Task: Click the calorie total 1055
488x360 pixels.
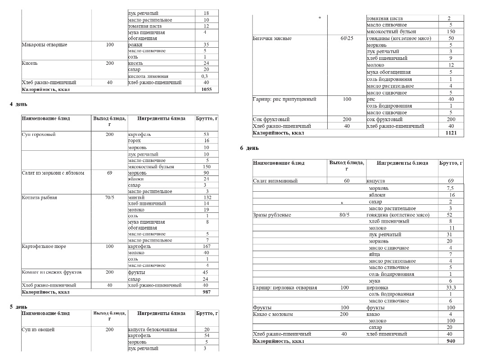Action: click(x=206, y=90)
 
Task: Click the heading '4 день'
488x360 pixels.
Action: click(x=18, y=104)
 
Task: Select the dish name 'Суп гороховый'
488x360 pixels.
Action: click(x=39, y=135)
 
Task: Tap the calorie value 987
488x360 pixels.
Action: click(x=206, y=292)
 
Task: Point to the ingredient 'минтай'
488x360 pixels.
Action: click(x=136, y=198)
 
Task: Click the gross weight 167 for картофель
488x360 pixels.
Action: click(x=207, y=246)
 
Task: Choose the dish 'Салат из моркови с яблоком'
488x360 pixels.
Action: click(x=53, y=173)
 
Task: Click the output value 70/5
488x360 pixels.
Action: click(x=110, y=198)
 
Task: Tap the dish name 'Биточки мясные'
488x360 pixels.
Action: click(x=272, y=38)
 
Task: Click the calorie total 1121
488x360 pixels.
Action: click(x=451, y=133)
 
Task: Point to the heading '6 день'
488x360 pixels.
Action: click(x=249, y=148)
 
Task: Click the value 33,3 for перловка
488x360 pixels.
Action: click(x=451, y=288)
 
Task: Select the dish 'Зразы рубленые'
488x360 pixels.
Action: click(x=272, y=215)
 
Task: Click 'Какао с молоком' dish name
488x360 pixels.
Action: click(x=273, y=314)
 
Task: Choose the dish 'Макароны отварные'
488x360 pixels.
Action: click(x=45, y=45)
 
